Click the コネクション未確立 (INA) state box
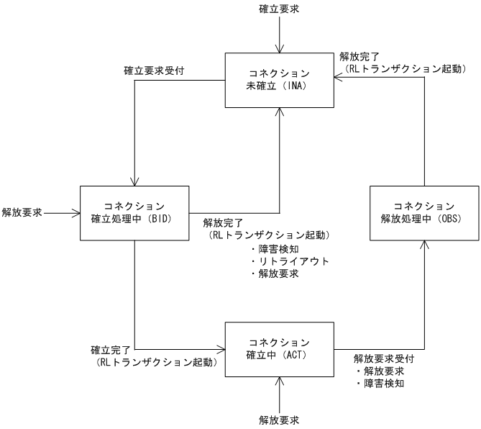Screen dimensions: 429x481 tap(279, 79)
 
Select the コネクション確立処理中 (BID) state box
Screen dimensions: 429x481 tap(134, 212)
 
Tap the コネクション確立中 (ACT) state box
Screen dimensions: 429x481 tap(279, 348)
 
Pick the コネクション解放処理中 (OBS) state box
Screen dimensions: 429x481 tap(423, 212)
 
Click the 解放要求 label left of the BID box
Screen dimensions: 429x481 tap(22, 212)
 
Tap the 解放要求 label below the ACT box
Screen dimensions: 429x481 tap(279, 418)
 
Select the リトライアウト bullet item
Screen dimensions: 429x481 tap(290, 261)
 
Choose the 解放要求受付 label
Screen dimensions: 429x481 tap(384, 358)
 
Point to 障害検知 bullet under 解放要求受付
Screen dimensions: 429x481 tap(381, 383)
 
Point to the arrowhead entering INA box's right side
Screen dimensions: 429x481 tap(337, 79)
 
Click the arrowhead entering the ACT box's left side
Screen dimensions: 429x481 tap(221, 348)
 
